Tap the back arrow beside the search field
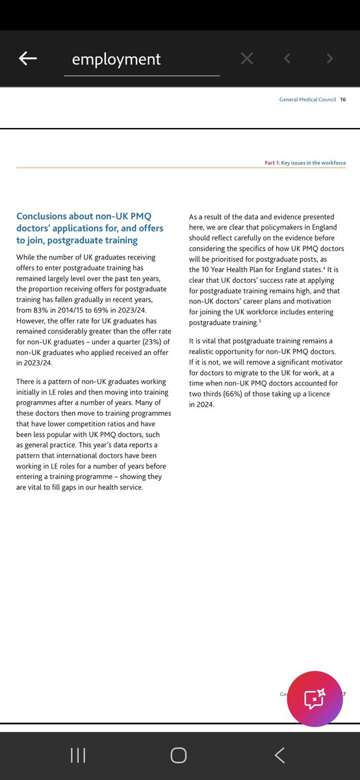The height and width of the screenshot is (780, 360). pyautogui.click(x=28, y=58)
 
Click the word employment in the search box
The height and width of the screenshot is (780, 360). pyautogui.click(x=116, y=59)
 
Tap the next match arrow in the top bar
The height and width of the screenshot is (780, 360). pyautogui.click(x=330, y=58)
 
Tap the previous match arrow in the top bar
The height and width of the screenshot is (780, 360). pyautogui.click(x=287, y=58)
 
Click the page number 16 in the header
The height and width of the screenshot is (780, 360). pyautogui.click(x=342, y=99)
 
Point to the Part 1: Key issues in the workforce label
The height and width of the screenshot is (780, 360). pyautogui.click(x=305, y=162)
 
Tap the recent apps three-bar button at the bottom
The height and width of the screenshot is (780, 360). pyautogui.click(x=79, y=755)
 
